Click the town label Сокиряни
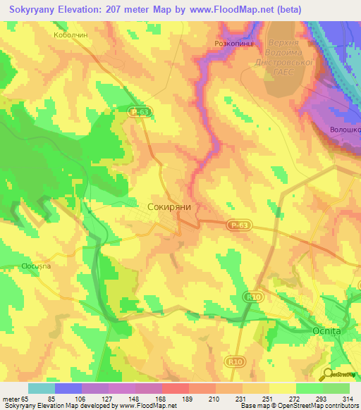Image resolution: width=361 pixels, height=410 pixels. click(x=170, y=208)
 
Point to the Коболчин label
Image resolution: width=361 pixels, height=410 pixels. click(x=70, y=34)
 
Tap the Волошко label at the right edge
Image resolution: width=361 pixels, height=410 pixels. click(x=345, y=130)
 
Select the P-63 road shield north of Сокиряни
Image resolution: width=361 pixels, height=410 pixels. click(x=138, y=111)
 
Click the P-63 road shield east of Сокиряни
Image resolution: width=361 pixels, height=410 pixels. click(x=238, y=224)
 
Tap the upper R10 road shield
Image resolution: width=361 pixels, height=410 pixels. click(x=254, y=297)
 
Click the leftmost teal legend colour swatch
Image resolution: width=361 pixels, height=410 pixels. click(x=41, y=388)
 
